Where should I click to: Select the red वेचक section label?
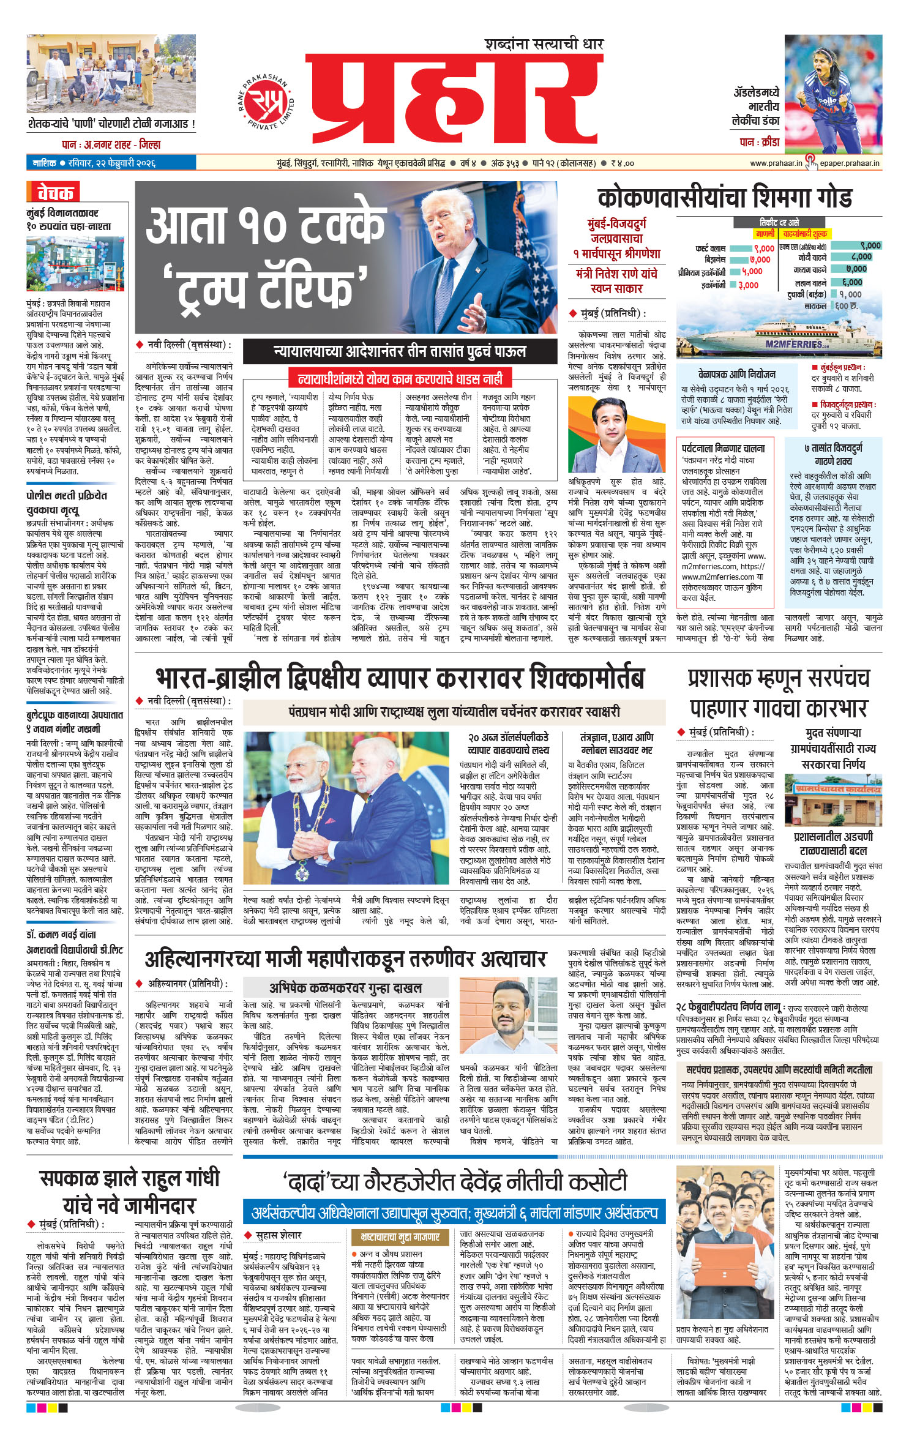54,193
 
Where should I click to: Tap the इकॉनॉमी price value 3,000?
748,285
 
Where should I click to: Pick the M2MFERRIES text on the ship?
793,344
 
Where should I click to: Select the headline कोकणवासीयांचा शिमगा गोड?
724,198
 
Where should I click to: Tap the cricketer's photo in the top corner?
833,94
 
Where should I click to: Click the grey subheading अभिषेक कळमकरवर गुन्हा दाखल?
346,987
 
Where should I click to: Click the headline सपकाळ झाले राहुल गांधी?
129,1179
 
